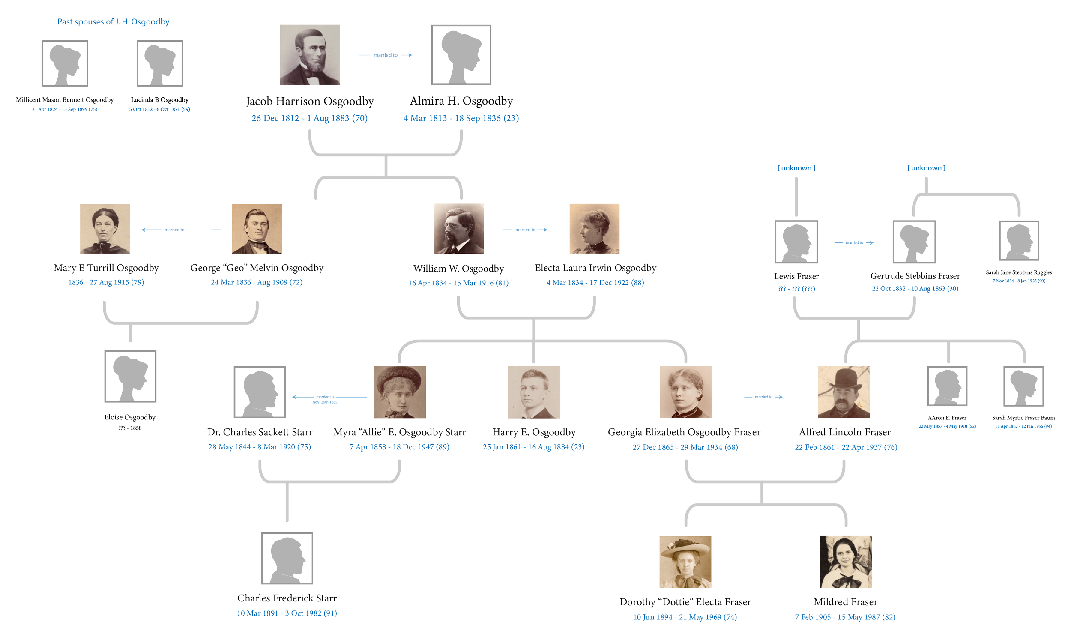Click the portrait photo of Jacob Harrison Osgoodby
tap(310, 54)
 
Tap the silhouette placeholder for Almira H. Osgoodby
tap(461, 54)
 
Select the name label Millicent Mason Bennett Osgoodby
tap(65, 100)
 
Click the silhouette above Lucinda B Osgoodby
tap(160, 63)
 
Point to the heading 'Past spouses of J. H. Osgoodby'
tap(114, 21)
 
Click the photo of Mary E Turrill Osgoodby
tap(105, 229)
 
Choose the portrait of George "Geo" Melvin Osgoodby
tap(257, 229)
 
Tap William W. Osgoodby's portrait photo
tap(458, 229)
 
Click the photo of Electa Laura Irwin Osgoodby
tap(595, 229)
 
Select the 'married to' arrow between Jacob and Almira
tap(386, 55)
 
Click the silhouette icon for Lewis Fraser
tap(796, 242)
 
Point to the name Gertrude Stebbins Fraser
tap(915, 276)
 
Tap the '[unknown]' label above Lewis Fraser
tap(796, 168)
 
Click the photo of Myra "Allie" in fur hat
tap(400, 392)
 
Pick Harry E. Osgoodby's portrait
tap(534, 392)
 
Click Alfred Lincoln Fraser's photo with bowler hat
tap(844, 392)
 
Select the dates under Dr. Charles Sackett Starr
tap(260, 447)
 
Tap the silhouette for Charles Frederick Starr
tap(287, 558)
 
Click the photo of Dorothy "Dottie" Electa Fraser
tap(685, 562)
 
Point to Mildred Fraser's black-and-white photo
tap(846, 562)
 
